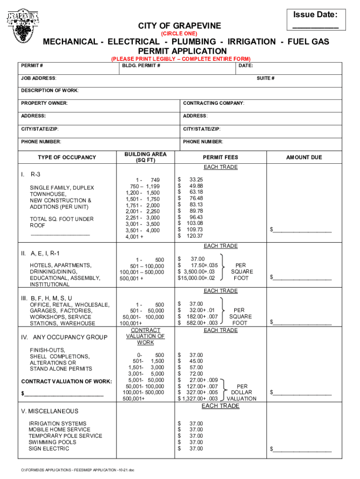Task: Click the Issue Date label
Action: [315, 15]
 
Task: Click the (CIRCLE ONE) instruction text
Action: [179, 34]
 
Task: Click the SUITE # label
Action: [266, 78]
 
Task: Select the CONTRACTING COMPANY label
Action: [214, 103]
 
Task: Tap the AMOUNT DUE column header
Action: [304, 158]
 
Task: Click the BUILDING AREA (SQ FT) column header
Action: [145, 157]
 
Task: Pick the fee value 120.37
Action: [195, 236]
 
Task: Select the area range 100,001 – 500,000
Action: [142, 272]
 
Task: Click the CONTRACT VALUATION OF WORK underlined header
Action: [145, 336]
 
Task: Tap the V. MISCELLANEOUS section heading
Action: [50, 411]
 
